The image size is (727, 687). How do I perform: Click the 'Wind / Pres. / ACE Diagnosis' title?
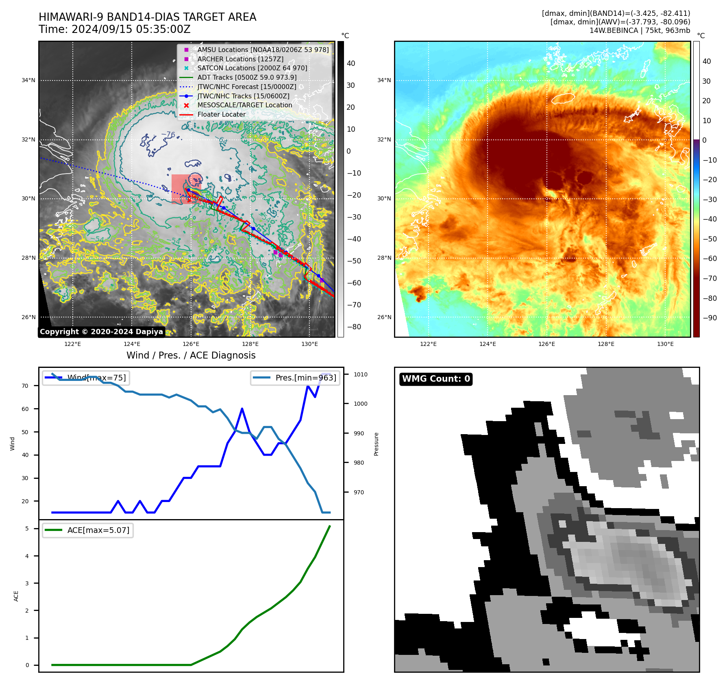(191, 355)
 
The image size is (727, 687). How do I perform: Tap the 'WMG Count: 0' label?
(436, 379)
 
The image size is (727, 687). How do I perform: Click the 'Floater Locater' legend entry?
(221, 114)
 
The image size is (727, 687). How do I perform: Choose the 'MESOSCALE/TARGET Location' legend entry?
(244, 105)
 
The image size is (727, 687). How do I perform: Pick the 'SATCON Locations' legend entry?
(252, 68)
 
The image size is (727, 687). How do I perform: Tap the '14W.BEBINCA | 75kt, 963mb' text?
(640, 30)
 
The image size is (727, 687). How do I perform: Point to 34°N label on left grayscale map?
(28, 80)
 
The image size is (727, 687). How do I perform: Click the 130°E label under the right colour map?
(665, 344)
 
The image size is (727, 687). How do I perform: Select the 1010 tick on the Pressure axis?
(360, 374)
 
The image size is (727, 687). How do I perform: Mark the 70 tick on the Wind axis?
(25, 386)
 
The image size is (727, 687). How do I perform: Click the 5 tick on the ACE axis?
(27, 528)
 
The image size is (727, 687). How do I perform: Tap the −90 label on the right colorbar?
(710, 318)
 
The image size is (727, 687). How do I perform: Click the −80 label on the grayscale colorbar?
(354, 327)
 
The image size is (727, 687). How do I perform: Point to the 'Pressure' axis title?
(376, 444)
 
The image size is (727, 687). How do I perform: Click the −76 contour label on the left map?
(168, 134)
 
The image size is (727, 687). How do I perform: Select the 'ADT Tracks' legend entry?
(247, 77)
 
